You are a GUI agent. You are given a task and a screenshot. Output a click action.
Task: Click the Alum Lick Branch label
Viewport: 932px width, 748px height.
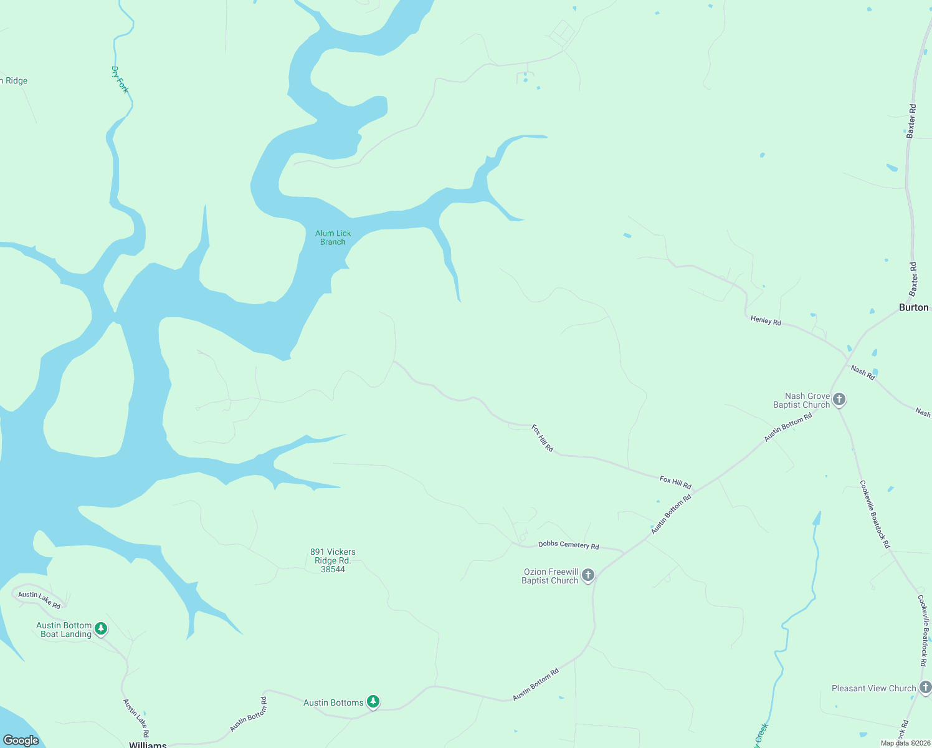coord(333,237)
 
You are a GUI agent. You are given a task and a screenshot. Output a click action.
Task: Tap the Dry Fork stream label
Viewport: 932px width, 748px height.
coord(120,80)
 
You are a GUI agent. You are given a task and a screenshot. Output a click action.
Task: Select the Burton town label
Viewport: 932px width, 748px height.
coord(913,307)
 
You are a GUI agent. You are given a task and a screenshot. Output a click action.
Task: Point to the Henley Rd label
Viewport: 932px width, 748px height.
coord(766,320)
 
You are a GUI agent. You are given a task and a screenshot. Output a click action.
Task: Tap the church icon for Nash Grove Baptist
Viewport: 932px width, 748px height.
coord(839,399)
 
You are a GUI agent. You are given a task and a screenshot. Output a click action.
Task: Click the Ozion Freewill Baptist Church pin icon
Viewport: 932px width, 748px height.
coord(588,575)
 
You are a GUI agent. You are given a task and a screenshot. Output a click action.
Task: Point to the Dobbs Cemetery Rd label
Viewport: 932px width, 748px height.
coord(568,545)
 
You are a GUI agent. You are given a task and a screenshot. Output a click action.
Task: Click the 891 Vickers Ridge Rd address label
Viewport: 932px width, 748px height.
coord(333,560)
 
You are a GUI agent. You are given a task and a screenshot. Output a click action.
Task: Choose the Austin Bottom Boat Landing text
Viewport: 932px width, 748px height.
coord(64,630)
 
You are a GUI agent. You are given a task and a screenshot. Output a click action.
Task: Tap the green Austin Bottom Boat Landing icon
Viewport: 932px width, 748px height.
coord(101,628)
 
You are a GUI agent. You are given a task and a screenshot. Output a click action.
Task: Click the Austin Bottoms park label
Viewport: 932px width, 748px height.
coord(333,702)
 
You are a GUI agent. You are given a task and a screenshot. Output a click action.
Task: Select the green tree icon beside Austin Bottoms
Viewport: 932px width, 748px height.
coord(373,702)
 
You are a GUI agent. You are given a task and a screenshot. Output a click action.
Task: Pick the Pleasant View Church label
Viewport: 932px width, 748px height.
coord(873,688)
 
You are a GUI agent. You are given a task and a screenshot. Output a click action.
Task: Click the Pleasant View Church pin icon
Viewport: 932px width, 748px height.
coord(925,688)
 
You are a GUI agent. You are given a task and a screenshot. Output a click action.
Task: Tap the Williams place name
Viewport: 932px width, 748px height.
coord(148,744)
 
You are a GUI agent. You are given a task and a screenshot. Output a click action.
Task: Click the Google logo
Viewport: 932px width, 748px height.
coord(21,740)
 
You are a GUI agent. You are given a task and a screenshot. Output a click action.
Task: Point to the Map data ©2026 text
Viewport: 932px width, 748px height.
coord(905,743)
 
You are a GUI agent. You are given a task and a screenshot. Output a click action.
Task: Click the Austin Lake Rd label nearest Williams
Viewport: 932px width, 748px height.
coord(136,718)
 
